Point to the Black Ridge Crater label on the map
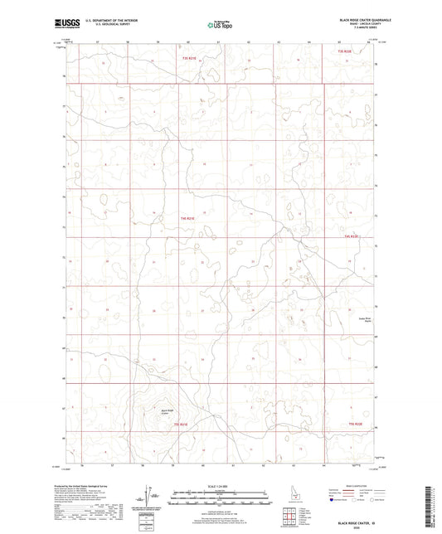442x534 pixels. [168, 410]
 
